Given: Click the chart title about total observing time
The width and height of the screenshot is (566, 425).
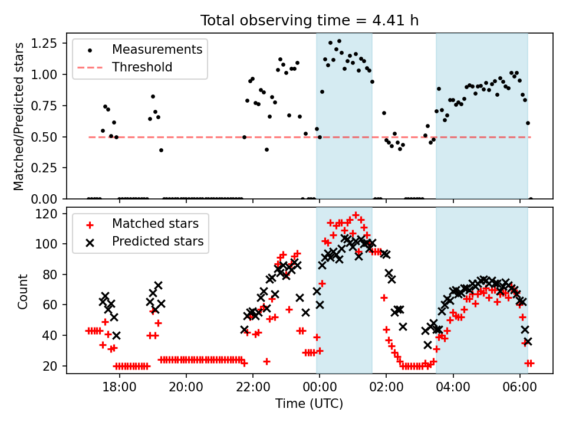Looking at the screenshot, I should coord(310,21).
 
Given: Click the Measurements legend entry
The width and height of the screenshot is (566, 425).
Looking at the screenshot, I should coord(157,50).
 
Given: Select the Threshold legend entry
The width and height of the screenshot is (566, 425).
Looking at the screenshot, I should coord(142,67).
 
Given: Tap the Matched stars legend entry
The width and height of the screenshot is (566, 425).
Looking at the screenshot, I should coord(155,224).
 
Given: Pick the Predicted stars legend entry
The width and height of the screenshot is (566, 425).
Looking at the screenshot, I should coord(157,241).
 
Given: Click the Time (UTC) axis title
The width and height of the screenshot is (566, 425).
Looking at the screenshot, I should coord(309,404).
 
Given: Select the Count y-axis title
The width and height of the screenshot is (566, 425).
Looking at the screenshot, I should coord(23,292).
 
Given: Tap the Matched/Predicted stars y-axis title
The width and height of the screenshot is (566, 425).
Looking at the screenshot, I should coord(19,116).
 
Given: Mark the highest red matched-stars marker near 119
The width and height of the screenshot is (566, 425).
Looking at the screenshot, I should coord(356,215).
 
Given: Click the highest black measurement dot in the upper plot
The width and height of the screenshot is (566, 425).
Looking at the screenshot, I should coord(339,41).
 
